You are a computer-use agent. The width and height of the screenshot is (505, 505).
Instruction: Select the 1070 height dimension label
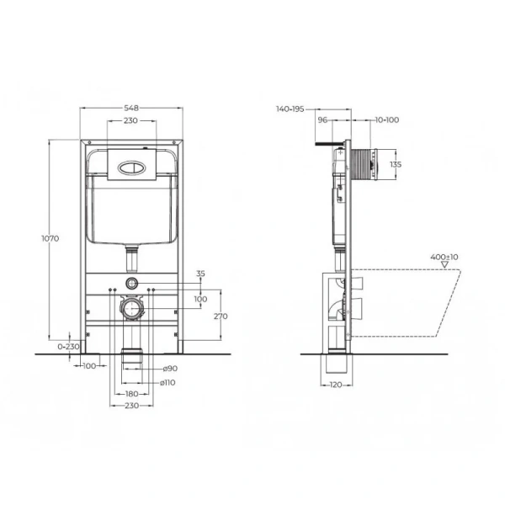[x=50, y=239]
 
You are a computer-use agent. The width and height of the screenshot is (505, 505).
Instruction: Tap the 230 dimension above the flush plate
[x=130, y=121]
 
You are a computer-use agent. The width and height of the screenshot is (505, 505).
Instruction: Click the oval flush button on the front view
[x=131, y=166]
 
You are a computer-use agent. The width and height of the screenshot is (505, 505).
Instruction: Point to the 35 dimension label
[x=200, y=274]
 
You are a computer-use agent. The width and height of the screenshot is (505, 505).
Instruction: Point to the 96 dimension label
[x=322, y=120]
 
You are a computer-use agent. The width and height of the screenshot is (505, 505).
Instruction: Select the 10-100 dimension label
[x=387, y=120]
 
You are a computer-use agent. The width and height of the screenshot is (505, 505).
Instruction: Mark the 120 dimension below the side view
[x=337, y=385]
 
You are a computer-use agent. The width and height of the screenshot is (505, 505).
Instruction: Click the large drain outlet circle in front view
[x=131, y=309]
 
